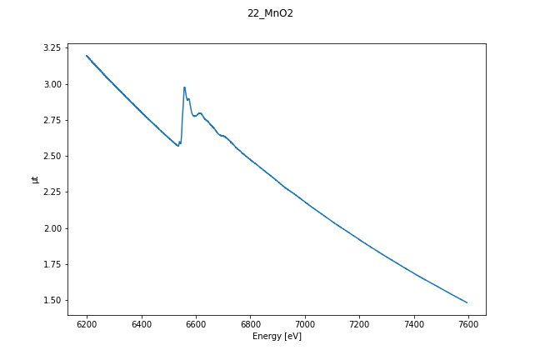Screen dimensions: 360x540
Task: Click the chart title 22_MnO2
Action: [270, 13]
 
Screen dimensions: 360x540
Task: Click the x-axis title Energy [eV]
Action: [277, 337]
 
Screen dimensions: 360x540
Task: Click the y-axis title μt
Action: [35, 179]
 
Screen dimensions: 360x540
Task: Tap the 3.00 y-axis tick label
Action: [52, 84]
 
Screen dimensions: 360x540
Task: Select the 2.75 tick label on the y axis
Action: [52, 120]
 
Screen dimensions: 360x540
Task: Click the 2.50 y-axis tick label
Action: [52, 156]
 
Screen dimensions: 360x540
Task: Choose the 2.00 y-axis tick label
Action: [52, 228]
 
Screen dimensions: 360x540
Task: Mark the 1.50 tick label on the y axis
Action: [52, 300]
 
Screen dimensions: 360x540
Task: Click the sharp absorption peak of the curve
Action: [184, 87]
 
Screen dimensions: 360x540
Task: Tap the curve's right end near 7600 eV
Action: [467, 302]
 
